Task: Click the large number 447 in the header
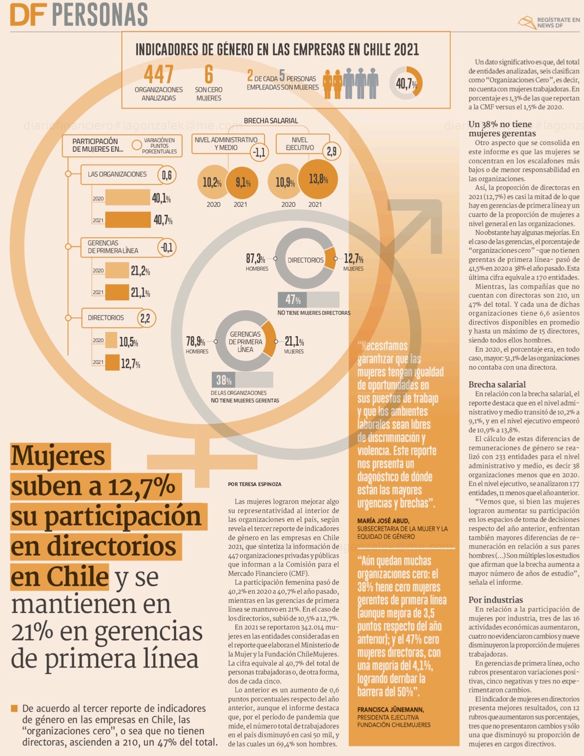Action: click(x=159, y=74)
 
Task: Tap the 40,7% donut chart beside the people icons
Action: click(x=406, y=83)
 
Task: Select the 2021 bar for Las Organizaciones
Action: click(x=128, y=219)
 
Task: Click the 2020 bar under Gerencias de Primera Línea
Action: click(x=117, y=270)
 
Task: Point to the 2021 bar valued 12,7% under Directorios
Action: click(x=112, y=362)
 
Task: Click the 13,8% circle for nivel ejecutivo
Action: click(x=318, y=179)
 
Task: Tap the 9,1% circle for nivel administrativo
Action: click(x=243, y=182)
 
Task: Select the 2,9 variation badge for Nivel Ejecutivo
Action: click(x=332, y=151)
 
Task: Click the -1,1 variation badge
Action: click(x=260, y=152)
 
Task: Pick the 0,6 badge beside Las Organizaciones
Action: click(x=167, y=175)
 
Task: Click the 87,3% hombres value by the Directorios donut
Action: click(x=255, y=259)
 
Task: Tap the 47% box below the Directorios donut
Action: click(x=293, y=300)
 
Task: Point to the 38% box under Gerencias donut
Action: click(x=224, y=380)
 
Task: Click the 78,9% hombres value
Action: click(x=195, y=342)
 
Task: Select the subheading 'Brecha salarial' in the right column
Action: click(x=497, y=384)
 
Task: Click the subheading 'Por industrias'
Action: click(x=495, y=599)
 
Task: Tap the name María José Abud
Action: click(x=383, y=521)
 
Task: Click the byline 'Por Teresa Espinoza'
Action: click(x=255, y=484)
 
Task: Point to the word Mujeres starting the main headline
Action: click(x=59, y=456)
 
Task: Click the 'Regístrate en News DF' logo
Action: click(x=549, y=22)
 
